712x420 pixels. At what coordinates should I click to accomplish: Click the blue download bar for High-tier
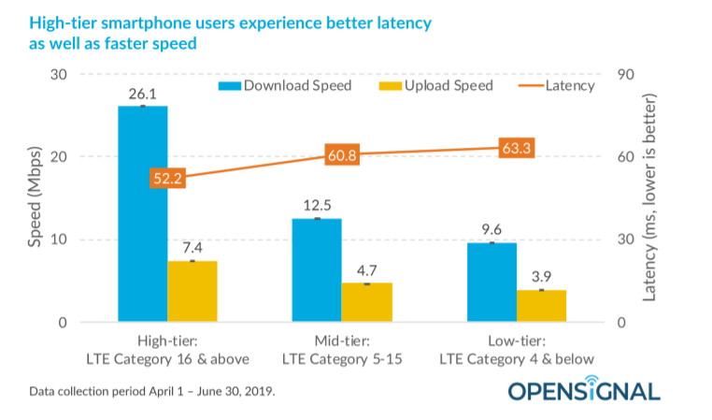point(142,214)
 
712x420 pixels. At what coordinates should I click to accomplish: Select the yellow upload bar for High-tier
point(192,291)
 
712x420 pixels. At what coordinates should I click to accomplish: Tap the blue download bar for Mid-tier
point(316,270)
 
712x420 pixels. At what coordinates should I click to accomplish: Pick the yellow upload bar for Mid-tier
point(366,302)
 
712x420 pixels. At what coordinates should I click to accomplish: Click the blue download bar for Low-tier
point(491,282)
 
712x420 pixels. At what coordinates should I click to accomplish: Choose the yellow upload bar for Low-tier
point(541,306)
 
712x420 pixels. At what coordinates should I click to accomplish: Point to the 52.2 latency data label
point(167,179)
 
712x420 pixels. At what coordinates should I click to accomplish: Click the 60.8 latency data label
point(342,155)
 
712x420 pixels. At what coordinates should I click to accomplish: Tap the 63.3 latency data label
point(516,149)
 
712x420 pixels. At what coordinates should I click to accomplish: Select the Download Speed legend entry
point(285,86)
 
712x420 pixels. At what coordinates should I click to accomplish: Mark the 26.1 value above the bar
point(143,94)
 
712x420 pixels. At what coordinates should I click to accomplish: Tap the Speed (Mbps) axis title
point(35,198)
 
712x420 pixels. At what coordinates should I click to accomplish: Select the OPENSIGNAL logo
point(583,388)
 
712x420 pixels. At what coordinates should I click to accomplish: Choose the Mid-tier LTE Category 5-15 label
point(342,351)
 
